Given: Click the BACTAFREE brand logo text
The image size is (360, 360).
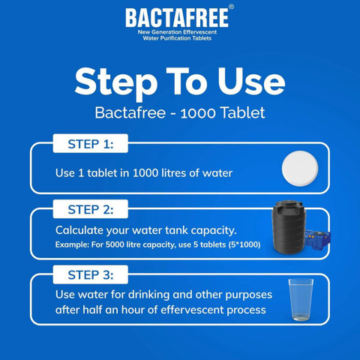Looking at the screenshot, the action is pyautogui.click(x=177, y=18).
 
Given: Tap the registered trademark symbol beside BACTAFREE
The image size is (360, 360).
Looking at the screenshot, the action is pyautogui.click(x=232, y=7).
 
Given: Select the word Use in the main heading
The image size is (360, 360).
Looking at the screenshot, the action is pyautogui.click(x=251, y=81).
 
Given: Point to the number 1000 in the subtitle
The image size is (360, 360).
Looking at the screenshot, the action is pyautogui.click(x=198, y=113).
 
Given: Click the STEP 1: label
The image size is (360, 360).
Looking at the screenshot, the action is pyautogui.click(x=91, y=144).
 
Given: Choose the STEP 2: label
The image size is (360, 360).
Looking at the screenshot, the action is pyautogui.click(x=91, y=209).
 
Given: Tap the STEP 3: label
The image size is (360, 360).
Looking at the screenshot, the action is pyautogui.click(x=91, y=275).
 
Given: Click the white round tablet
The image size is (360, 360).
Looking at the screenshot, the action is pyautogui.click(x=300, y=169).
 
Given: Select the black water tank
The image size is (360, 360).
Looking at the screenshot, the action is pyautogui.click(x=289, y=227).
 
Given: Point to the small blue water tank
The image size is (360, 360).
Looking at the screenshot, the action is pyautogui.click(x=317, y=238).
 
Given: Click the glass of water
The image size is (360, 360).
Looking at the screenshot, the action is pyautogui.click(x=301, y=300).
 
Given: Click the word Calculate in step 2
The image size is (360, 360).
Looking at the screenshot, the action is pyautogui.click(x=79, y=230).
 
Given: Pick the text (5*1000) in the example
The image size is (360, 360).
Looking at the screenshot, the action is pyautogui.click(x=244, y=244).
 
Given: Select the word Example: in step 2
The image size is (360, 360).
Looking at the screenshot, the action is pyautogui.click(x=72, y=244).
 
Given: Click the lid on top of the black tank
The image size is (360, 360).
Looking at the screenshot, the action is pyautogui.click(x=289, y=202).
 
